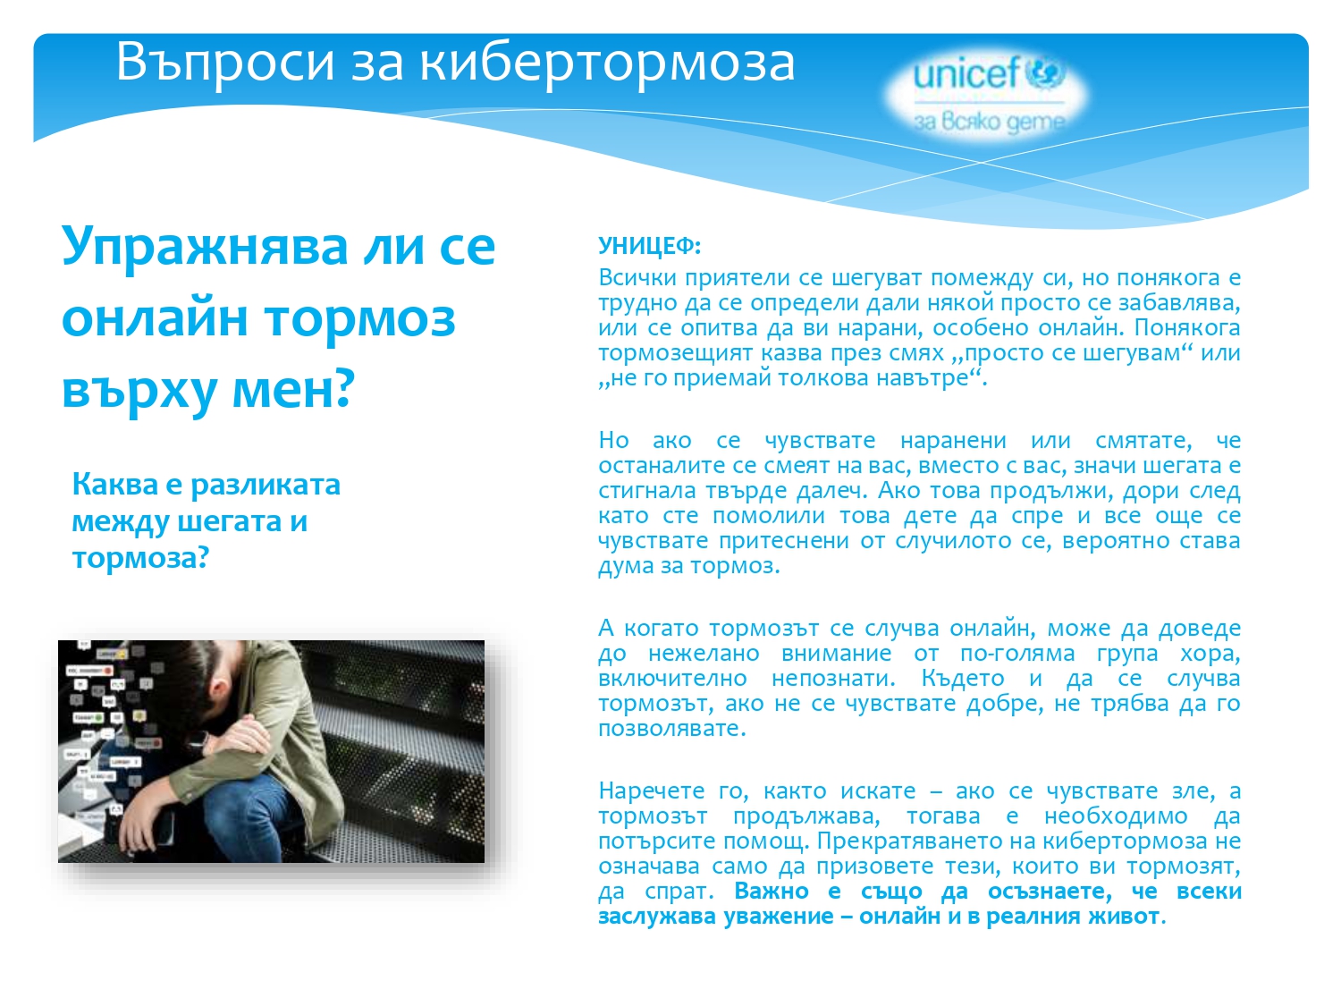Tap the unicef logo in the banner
click(x=989, y=74)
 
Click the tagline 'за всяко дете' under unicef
click(x=989, y=122)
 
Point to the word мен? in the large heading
click(x=294, y=390)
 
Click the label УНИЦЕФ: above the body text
click(x=649, y=246)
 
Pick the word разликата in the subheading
click(x=266, y=485)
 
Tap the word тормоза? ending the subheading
click(x=140, y=558)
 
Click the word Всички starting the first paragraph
click(x=637, y=277)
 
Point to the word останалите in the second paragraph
click(x=662, y=465)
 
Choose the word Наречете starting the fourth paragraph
click(x=651, y=791)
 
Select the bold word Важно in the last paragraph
click(x=772, y=892)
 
